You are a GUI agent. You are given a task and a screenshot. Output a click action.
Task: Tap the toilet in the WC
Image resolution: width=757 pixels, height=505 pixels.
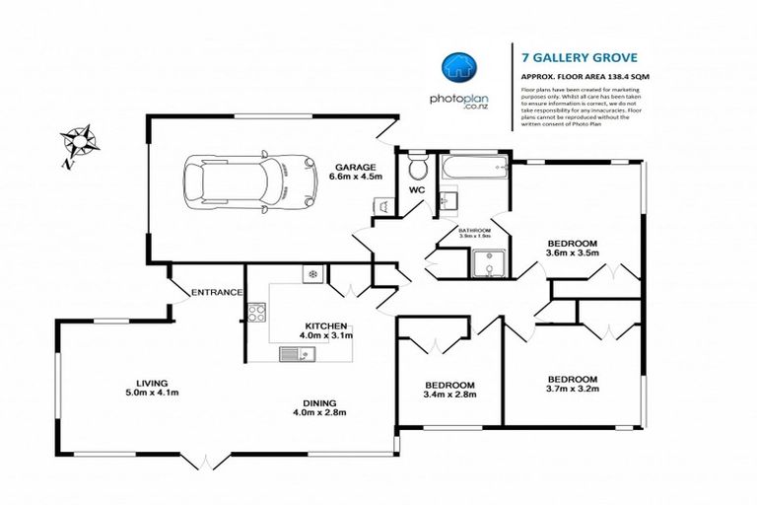click(416, 163)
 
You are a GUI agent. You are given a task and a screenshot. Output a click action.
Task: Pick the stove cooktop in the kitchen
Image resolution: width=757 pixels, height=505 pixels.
click(257, 314)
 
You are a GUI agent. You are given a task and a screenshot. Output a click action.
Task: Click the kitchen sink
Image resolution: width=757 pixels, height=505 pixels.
click(294, 353)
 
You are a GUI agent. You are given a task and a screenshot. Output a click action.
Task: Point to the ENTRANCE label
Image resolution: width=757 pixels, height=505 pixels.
click(217, 292)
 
